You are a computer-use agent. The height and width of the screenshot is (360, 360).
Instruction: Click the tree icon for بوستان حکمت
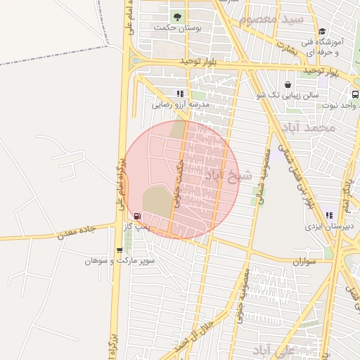[x=176, y=16]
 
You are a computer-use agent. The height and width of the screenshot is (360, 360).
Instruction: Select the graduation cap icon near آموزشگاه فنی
[x=322, y=31]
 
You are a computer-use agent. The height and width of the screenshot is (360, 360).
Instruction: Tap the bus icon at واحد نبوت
[x=354, y=94]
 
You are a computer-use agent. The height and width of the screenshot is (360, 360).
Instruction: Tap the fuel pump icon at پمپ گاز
[x=136, y=216]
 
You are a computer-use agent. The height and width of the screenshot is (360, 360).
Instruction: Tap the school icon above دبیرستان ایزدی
[x=328, y=216]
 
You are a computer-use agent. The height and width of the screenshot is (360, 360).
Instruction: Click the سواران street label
[x=303, y=262]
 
